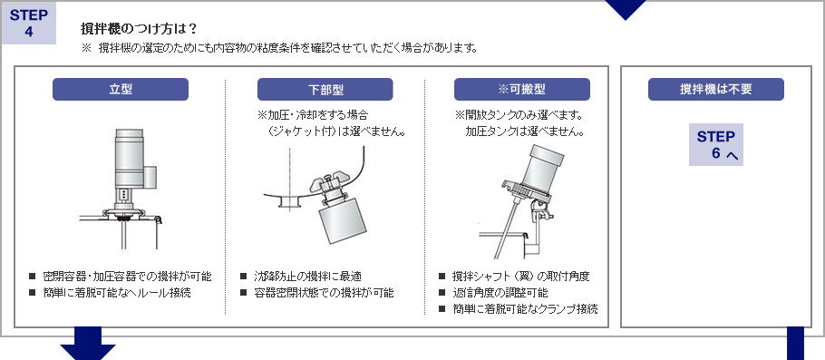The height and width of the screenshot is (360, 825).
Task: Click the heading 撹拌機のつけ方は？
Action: (x=139, y=28)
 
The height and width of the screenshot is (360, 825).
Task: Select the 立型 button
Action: (x=121, y=89)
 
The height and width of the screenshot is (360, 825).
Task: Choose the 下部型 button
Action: (x=325, y=89)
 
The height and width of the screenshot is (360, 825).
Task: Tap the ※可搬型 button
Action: (x=521, y=89)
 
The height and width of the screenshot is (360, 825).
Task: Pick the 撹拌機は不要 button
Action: (x=715, y=89)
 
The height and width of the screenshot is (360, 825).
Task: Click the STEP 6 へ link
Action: (x=716, y=145)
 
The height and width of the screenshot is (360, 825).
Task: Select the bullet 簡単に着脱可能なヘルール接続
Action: (x=117, y=293)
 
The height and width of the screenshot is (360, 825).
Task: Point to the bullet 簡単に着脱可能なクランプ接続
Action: (x=525, y=309)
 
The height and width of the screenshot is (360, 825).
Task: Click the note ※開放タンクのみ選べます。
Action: (x=518, y=116)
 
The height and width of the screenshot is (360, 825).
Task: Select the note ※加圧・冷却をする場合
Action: (x=313, y=116)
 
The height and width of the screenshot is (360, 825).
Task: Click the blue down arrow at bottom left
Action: (x=88, y=346)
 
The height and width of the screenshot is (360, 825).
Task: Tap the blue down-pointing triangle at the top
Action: (x=626, y=9)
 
